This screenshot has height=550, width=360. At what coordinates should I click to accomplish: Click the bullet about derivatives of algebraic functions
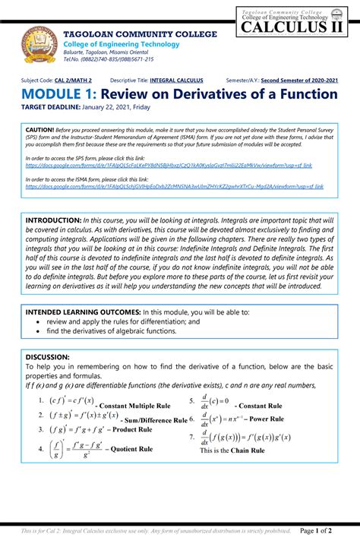pyautogui.click(x=111, y=331)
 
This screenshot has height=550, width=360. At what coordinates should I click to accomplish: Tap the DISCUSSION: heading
pyautogui.click(x=48, y=356)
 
